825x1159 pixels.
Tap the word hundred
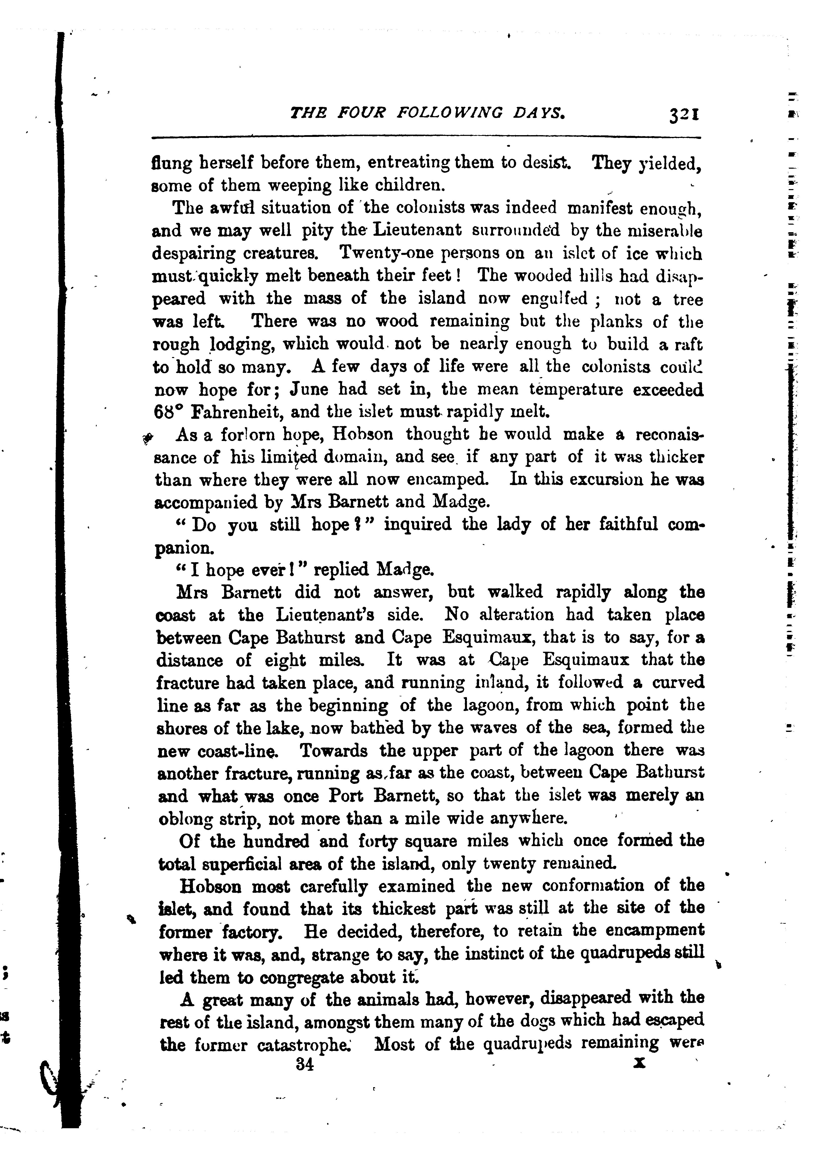(276, 841)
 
